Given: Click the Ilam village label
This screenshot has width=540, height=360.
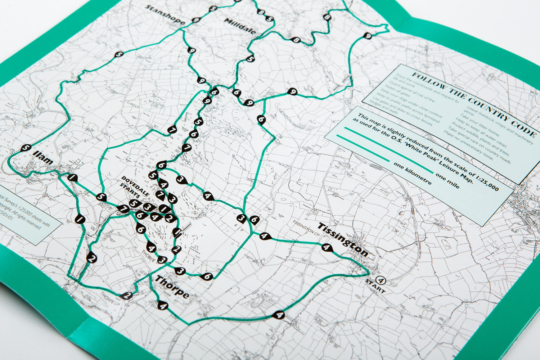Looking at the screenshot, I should click(x=42, y=158).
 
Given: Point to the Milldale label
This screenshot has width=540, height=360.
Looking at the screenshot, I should click(x=240, y=26).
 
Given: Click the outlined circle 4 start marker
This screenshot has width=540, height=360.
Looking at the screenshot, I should click(x=381, y=279).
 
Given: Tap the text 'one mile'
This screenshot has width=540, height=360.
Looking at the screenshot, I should click(x=447, y=181).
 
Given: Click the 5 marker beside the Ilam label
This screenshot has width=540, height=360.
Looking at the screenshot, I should click(x=25, y=148).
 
